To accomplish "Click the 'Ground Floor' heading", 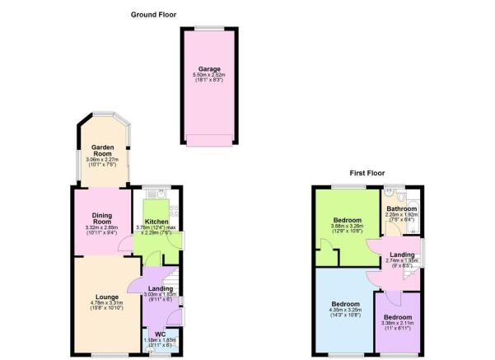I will point(152,14).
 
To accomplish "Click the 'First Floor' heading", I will point(367,173).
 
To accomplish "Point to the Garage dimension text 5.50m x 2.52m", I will point(206,76).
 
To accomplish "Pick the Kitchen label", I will point(156,222).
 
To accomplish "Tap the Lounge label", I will point(107,297).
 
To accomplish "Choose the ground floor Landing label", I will point(160,288).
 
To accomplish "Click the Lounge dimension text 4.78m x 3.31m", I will point(107,304).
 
